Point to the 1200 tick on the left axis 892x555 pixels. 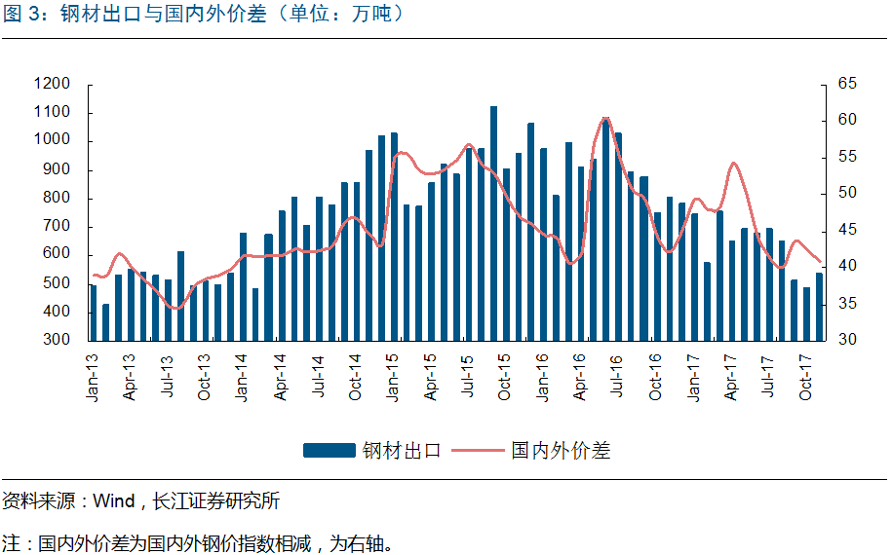click(52, 85)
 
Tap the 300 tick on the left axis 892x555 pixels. click(57, 341)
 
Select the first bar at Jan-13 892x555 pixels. click(94, 313)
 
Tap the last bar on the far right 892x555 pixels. click(819, 307)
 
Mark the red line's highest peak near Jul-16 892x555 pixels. click(605, 119)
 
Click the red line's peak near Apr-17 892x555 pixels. click(733, 163)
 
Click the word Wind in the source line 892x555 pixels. click(113, 502)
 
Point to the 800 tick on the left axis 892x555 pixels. click(57, 199)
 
